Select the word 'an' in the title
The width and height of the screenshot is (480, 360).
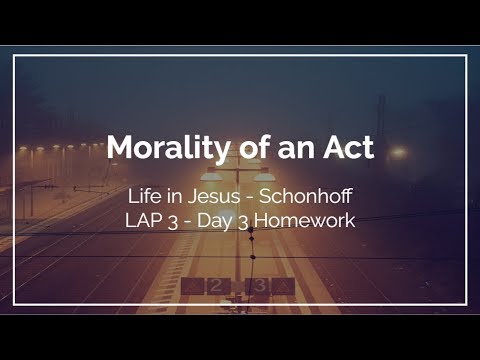click(x=297, y=148)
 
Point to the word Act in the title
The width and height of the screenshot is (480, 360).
click(x=347, y=148)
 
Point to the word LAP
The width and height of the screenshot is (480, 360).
click(x=146, y=220)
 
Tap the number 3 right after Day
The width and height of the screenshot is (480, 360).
click(x=253, y=221)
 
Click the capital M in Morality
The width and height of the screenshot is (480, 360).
click(x=121, y=148)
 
